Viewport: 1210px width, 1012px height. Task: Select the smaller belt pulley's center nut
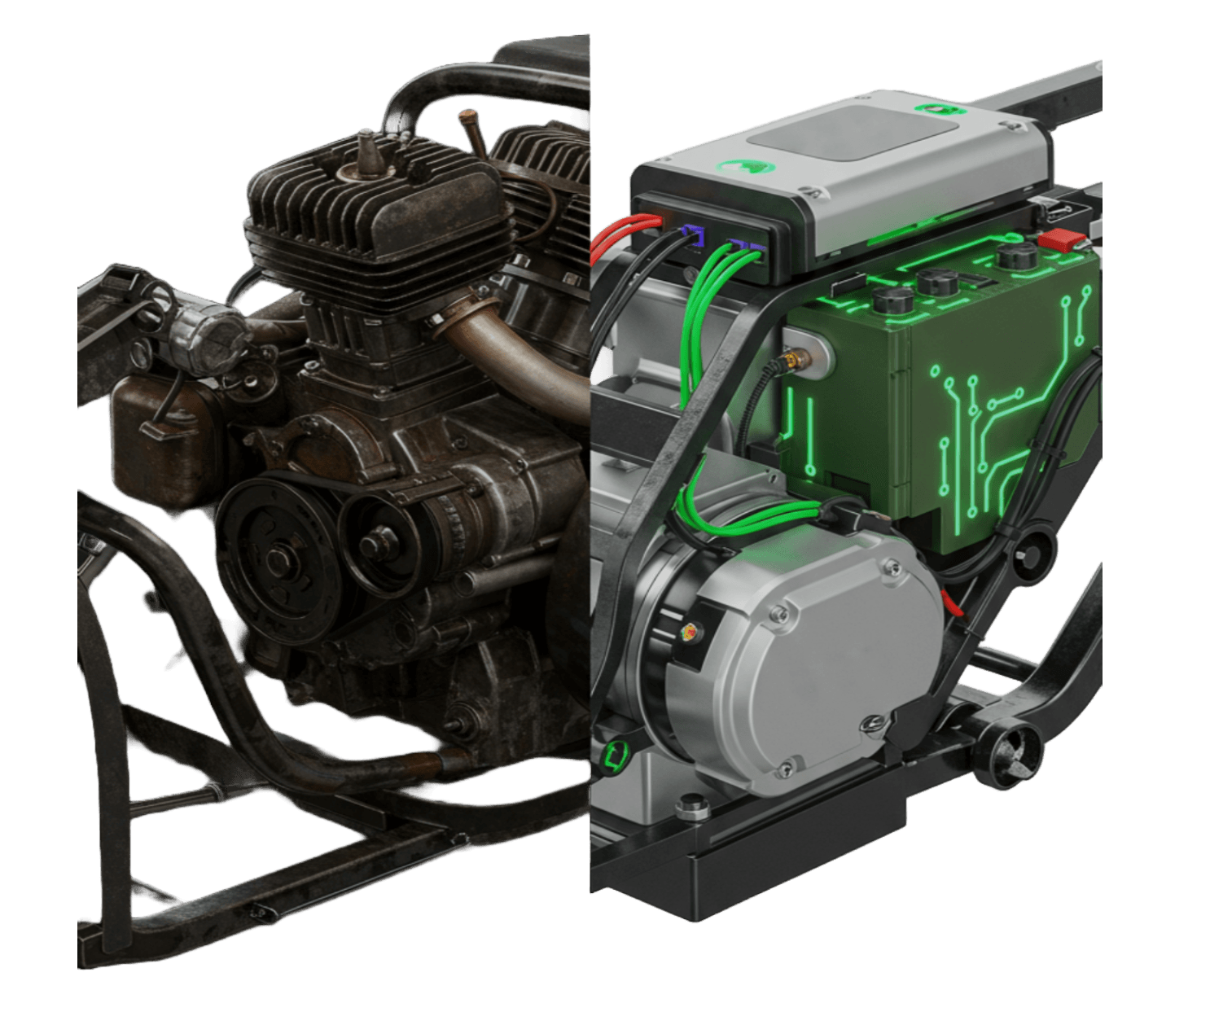[379, 542]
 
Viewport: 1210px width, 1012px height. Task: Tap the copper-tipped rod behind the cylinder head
[470, 130]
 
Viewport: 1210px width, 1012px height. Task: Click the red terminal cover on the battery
[1061, 240]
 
